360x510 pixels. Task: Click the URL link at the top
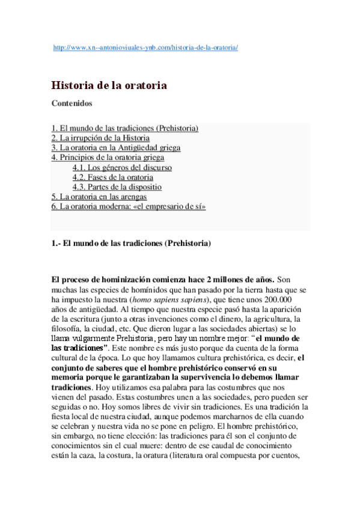click(146, 47)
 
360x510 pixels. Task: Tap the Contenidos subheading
click(72, 103)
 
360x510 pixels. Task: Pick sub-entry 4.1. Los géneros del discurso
click(121, 168)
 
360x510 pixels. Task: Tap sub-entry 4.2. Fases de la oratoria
click(112, 177)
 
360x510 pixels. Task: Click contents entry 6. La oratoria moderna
click(129, 206)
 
